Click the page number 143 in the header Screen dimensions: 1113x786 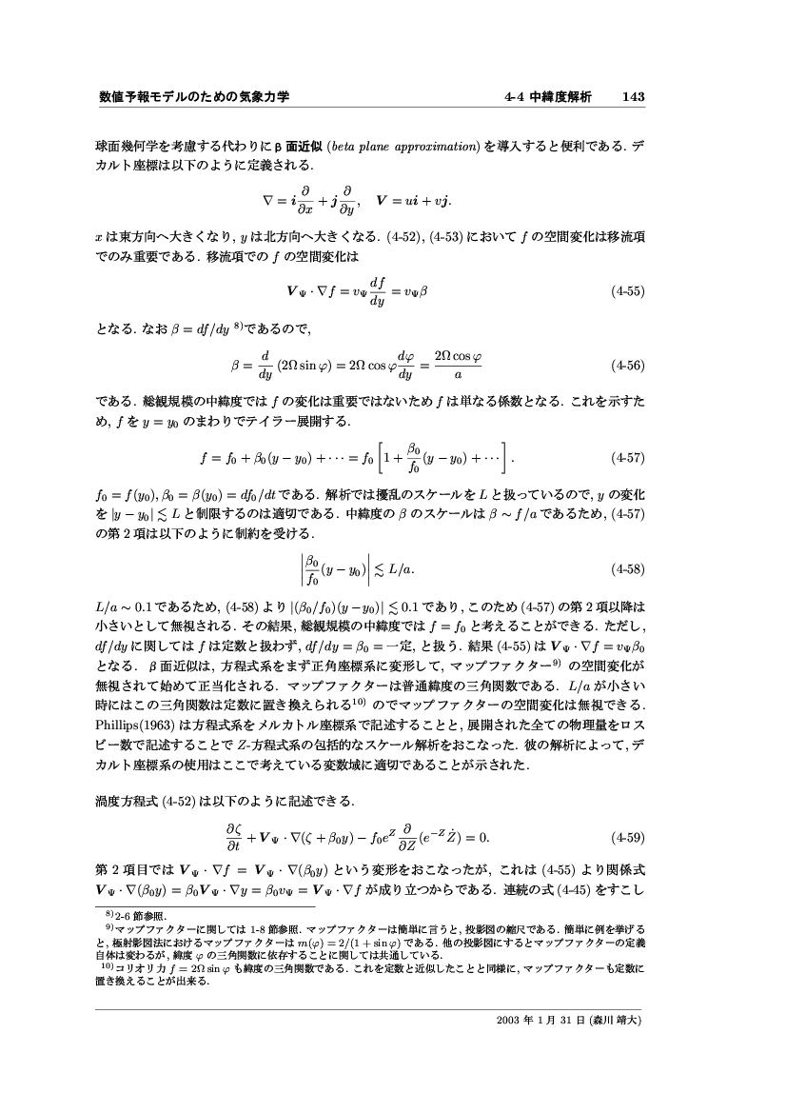tap(634, 97)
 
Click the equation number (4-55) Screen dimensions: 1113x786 tap(628, 293)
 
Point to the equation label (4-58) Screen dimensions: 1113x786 tap(628, 569)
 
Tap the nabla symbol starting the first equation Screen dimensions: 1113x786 tap(268, 202)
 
